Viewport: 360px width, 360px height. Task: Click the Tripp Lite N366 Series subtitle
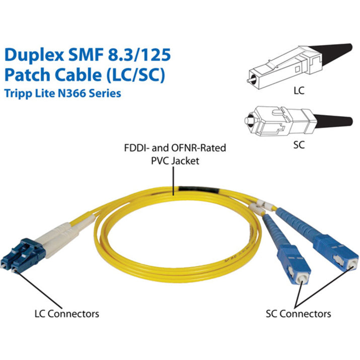[63, 93]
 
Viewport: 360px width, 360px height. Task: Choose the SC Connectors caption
[298, 314]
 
